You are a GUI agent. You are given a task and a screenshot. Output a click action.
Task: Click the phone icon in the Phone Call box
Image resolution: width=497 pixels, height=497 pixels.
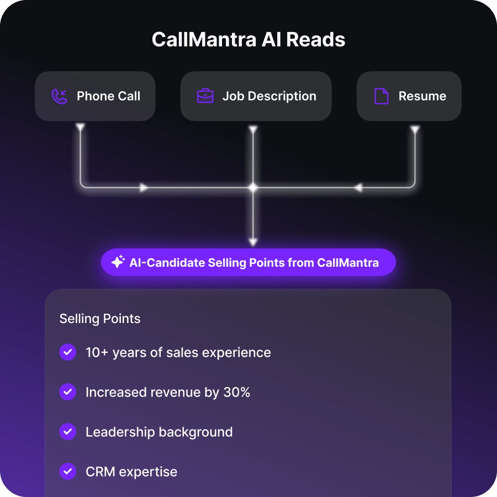(x=59, y=96)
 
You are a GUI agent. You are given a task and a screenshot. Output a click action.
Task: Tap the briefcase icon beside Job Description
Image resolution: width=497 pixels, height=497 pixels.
(x=205, y=96)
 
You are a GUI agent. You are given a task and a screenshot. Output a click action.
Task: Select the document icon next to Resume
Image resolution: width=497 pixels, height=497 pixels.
(x=381, y=96)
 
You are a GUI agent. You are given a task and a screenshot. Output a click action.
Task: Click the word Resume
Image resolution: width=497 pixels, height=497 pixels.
(x=422, y=96)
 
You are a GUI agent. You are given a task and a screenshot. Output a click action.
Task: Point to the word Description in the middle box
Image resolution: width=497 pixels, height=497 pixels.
(x=282, y=96)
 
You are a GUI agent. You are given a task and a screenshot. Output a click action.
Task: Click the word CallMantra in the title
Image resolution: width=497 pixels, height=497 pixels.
(x=204, y=40)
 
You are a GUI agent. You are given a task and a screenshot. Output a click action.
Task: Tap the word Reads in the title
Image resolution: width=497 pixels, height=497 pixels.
(x=316, y=40)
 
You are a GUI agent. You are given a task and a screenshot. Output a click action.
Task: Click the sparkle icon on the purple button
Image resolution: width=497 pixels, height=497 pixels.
(x=118, y=262)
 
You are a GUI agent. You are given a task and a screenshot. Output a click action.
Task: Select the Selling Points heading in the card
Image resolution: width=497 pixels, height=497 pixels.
(x=100, y=319)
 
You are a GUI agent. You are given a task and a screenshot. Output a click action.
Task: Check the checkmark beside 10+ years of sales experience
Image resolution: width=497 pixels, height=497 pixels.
(x=67, y=352)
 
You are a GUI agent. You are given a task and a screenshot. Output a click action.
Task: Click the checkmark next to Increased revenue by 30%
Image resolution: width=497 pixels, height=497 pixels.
(x=67, y=392)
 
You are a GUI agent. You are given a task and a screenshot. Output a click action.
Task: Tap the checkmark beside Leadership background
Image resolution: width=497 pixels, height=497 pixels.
(x=67, y=432)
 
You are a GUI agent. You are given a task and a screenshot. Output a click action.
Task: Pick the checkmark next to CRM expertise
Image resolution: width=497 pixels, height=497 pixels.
(x=67, y=472)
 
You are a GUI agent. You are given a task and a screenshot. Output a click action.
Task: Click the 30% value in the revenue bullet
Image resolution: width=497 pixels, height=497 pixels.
(x=237, y=393)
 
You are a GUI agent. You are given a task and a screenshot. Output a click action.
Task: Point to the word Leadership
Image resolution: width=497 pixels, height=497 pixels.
(x=120, y=432)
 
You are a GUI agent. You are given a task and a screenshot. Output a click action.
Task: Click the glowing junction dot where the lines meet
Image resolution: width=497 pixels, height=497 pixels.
(x=252, y=188)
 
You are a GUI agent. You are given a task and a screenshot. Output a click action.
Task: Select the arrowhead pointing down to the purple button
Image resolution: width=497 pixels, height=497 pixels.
(x=252, y=242)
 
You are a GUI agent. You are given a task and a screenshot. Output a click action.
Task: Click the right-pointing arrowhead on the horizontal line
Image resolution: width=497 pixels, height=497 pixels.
(x=144, y=188)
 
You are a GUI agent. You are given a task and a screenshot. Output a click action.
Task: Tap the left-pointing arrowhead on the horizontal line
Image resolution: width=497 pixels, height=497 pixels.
(x=358, y=188)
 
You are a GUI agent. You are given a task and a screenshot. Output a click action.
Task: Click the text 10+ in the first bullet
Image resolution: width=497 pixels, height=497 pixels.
(x=97, y=353)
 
